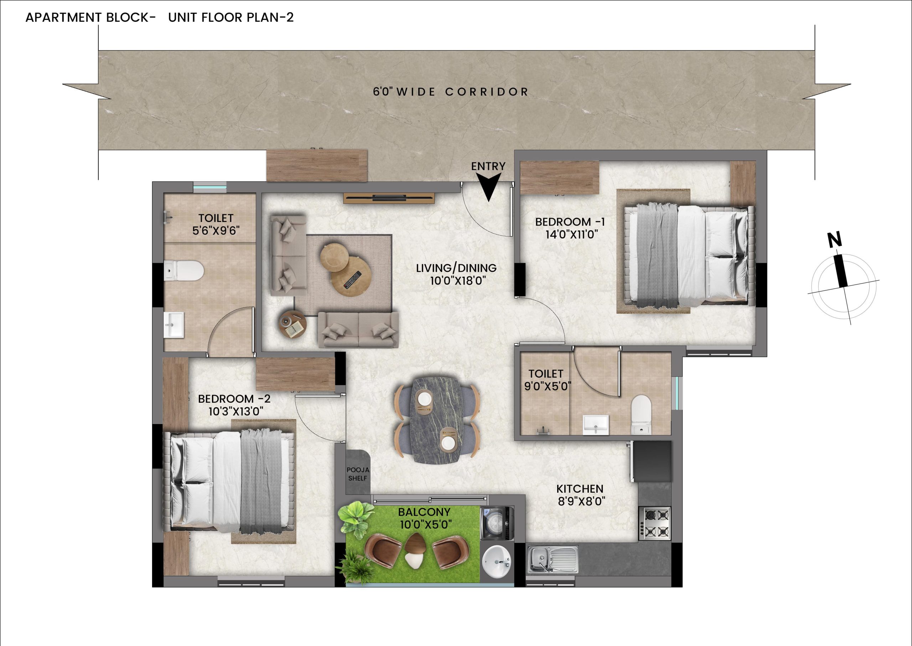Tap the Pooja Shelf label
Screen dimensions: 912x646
(358, 474)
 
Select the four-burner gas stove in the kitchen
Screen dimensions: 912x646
(654, 523)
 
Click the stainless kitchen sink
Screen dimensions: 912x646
(553, 559)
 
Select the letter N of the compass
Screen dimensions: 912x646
(835, 240)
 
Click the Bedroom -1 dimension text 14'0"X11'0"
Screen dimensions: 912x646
(572, 234)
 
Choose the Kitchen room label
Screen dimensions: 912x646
(580, 488)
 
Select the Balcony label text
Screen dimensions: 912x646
(424, 512)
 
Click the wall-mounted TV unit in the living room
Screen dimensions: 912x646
(389, 198)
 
